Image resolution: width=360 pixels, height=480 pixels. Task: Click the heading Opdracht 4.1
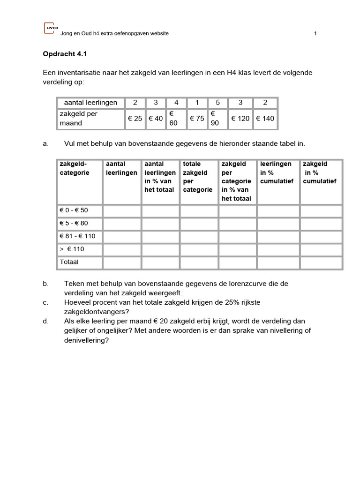(x=65, y=54)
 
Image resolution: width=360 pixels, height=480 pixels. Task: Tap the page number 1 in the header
(x=315, y=33)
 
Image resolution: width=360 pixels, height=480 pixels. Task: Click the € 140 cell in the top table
(x=265, y=119)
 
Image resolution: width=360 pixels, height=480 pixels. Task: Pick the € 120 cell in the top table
(x=240, y=119)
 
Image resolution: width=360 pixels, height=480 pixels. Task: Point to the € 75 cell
(x=196, y=119)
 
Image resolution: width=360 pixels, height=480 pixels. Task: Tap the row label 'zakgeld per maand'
(x=78, y=119)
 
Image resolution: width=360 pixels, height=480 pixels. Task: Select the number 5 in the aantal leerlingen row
(x=217, y=103)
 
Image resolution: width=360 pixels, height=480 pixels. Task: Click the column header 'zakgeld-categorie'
(x=74, y=168)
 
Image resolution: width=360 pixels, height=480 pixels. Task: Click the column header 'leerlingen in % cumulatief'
(x=277, y=172)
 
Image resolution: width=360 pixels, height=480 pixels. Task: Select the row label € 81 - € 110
(x=77, y=236)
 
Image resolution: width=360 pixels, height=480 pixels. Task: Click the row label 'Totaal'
(x=69, y=262)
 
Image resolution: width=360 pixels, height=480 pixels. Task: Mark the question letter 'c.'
(x=45, y=303)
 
